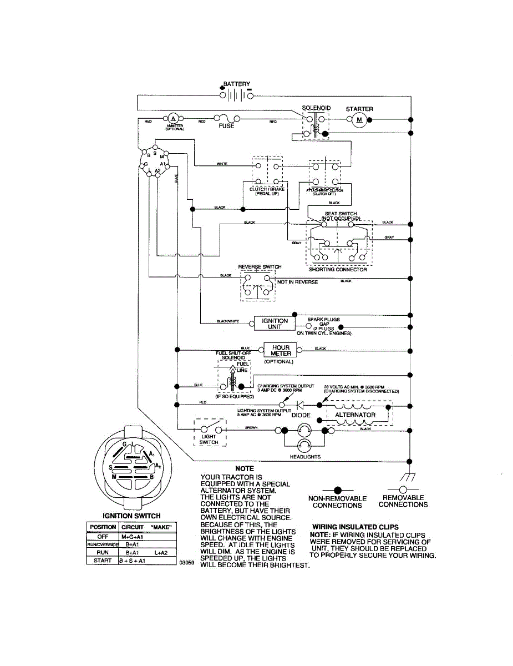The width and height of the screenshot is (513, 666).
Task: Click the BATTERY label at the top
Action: click(236, 84)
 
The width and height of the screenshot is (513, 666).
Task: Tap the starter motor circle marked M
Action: click(358, 119)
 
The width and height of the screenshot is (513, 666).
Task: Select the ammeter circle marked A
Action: click(173, 119)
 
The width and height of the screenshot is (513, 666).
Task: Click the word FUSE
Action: click(226, 127)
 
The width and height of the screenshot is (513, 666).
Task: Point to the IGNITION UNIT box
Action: click(275, 324)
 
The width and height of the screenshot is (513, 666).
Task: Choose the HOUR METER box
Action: click(281, 350)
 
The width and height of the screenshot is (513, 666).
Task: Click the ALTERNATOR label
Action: click(355, 415)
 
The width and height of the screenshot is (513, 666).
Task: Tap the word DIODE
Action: click(301, 415)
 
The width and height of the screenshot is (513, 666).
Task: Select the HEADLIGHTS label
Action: click(306, 457)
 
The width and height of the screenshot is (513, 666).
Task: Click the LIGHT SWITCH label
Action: click(209, 440)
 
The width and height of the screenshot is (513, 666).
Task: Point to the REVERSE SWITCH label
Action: click(260, 267)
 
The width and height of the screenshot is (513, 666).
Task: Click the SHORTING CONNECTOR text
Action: click(338, 270)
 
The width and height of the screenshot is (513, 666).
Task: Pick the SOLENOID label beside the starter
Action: click(316, 108)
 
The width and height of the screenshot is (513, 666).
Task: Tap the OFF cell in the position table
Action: click(103, 537)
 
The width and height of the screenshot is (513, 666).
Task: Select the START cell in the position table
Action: click(103, 561)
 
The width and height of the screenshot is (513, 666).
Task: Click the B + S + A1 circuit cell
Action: click(132, 561)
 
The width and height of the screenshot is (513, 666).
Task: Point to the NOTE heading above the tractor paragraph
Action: click(245, 469)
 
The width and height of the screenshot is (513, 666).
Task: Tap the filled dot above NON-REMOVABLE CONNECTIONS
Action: click(337, 490)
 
